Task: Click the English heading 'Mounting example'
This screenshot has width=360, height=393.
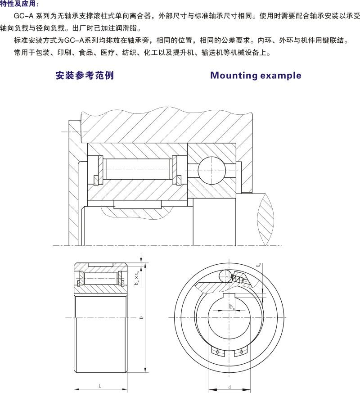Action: point(256,75)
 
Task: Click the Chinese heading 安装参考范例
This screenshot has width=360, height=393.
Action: point(85,75)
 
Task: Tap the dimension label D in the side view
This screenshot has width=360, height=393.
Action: point(141,318)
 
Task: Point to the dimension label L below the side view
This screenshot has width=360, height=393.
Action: point(99,386)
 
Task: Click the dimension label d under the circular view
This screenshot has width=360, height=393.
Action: point(229,387)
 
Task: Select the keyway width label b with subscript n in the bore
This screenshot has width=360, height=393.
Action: point(231,307)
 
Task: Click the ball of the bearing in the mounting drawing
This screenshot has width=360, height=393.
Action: point(211,170)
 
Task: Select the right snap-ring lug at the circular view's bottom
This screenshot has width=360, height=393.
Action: point(243,352)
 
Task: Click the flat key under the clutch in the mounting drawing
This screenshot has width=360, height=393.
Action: point(137,204)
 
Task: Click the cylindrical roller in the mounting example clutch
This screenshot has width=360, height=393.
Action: point(137,170)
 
